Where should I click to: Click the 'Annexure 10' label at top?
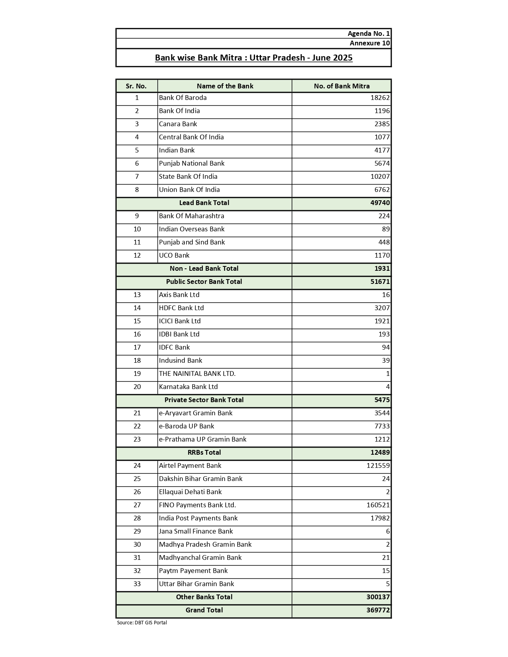[369, 43]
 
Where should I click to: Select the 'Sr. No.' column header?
[136, 86]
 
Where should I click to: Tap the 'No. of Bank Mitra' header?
[341, 86]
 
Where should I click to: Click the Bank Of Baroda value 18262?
[380, 98]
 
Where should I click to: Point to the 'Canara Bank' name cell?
[178, 124]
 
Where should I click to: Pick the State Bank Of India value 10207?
[380, 176]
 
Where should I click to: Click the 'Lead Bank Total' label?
[204, 203]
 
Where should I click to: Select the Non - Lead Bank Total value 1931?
[382, 268]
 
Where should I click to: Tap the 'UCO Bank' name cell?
[174, 255]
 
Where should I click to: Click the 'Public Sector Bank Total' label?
[204, 282]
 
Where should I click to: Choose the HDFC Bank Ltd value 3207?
[382, 308]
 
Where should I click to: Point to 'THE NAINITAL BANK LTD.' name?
[197, 373]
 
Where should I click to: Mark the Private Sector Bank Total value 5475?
[382, 400]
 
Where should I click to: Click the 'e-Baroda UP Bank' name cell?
[186, 426]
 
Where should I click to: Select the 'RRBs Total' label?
[204, 452]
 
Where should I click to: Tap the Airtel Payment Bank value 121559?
[378, 465]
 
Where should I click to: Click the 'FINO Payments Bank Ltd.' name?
[197, 505]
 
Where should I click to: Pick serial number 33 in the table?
[137, 584]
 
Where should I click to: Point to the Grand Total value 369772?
[378, 610]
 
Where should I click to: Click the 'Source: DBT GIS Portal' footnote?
[142, 622]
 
